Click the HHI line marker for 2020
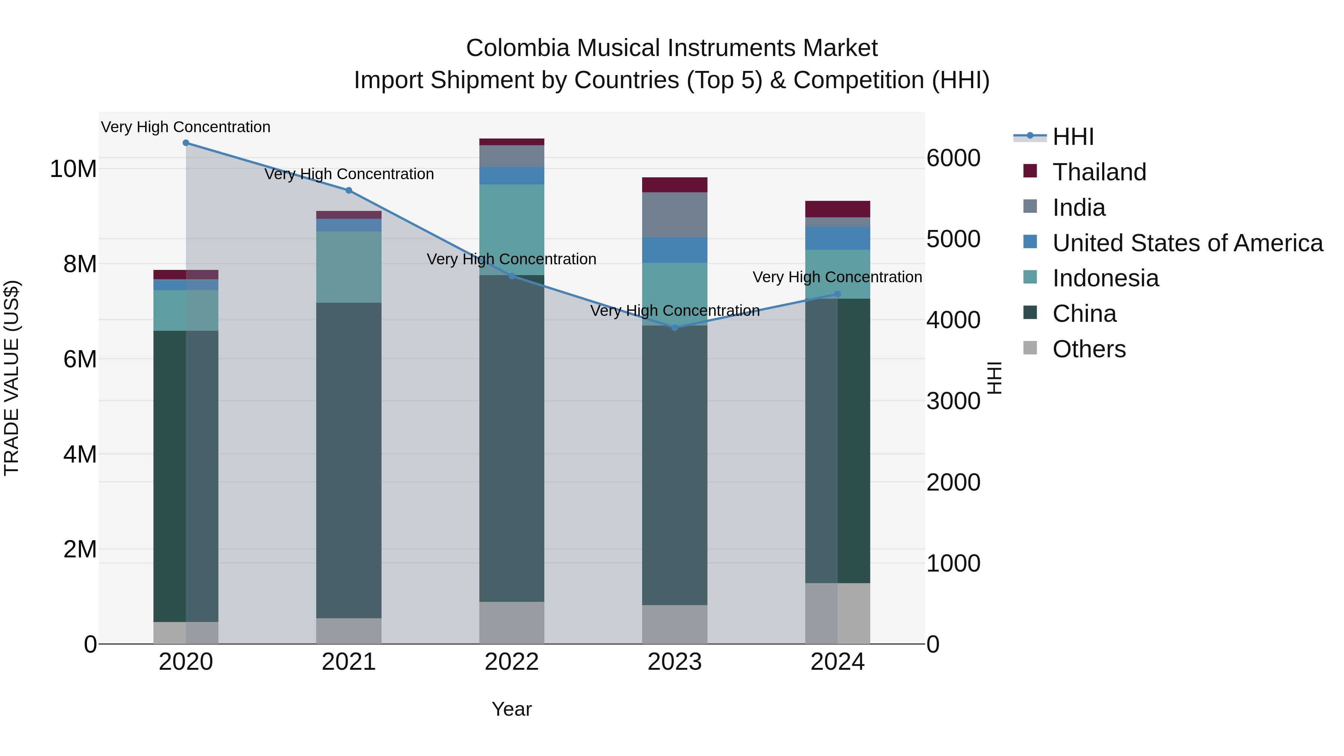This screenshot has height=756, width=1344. coord(186,143)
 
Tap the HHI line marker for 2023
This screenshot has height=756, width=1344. coord(675,328)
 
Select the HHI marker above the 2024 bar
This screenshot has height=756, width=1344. coord(838,294)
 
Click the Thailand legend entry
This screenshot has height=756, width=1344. coord(1099,172)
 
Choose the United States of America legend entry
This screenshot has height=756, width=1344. coord(1187,243)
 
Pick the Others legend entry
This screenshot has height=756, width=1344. coord(1089,349)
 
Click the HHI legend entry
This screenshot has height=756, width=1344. coord(1073,137)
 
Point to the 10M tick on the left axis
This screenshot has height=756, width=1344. coord(73,169)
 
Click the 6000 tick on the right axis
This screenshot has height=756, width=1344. coord(953,158)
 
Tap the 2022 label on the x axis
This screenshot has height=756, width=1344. coord(511,662)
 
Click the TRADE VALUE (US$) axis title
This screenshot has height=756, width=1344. coord(12,378)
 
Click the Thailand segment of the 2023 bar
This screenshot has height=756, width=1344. coord(675,185)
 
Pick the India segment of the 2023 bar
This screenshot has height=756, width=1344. coord(675,215)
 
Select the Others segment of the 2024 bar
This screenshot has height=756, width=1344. coord(838,613)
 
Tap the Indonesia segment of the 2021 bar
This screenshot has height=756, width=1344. coord(349,267)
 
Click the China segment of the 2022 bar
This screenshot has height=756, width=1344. coord(511,438)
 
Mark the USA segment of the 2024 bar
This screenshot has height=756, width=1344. coord(838,239)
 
